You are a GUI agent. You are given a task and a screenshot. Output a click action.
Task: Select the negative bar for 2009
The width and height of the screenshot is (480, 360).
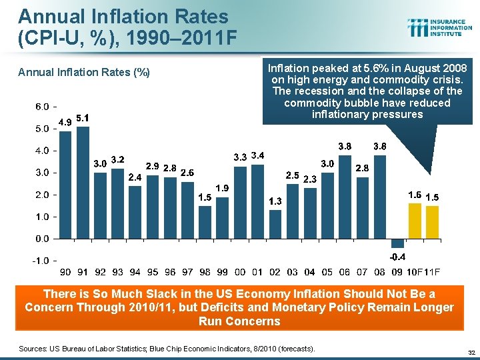point(397,243)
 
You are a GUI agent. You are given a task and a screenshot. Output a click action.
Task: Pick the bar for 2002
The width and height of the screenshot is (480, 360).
point(275,224)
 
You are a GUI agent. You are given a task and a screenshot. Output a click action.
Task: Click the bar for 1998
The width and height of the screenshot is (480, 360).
point(205,222)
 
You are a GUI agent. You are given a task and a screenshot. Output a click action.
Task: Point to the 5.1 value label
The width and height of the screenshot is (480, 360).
point(83,118)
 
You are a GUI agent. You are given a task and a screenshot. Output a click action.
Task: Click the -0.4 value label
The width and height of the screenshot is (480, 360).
point(398,257)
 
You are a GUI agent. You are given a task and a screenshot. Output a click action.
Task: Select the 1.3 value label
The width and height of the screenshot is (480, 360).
point(275,201)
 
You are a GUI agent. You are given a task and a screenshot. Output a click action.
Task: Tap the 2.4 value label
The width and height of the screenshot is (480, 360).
point(135,177)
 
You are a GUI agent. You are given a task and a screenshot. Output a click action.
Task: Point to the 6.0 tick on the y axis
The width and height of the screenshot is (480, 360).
point(41,107)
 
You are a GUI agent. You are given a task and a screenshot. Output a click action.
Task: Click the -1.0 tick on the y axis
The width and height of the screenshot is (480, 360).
point(41,260)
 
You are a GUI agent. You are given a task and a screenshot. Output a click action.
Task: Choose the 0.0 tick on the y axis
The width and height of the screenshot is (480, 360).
point(41,238)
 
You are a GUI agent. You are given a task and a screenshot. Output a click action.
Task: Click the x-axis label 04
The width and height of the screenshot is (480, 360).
point(309,272)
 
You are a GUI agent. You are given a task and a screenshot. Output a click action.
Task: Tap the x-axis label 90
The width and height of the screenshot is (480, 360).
point(65,272)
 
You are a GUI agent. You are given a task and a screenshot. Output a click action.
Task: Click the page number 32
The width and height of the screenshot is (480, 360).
point(471,352)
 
